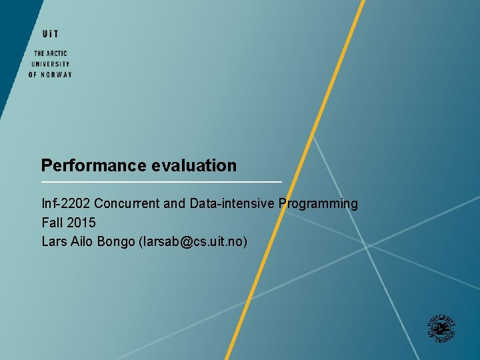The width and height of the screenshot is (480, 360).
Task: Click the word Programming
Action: pos(318,203)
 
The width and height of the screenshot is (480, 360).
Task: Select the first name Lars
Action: pos(55,241)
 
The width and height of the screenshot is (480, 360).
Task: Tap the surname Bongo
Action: pos(116,241)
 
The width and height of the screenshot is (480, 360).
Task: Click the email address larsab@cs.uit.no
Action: pos(193,241)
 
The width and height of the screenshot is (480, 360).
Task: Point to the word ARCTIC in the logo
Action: pos(57,53)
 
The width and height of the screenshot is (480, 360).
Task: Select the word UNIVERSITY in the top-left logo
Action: pos(50,64)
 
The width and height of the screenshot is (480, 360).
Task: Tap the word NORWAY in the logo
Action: pos(57,75)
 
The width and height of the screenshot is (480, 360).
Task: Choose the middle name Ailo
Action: pos(83,241)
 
